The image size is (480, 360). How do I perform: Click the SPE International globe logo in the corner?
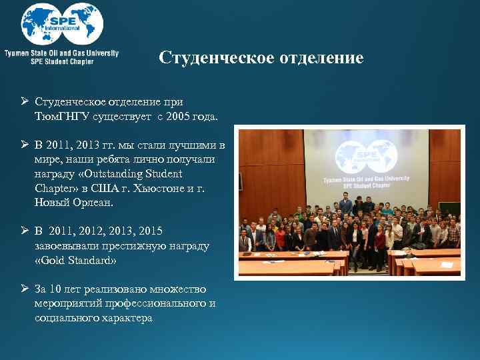(x=61, y=24)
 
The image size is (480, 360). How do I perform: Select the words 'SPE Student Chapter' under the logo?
(x=62, y=61)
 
